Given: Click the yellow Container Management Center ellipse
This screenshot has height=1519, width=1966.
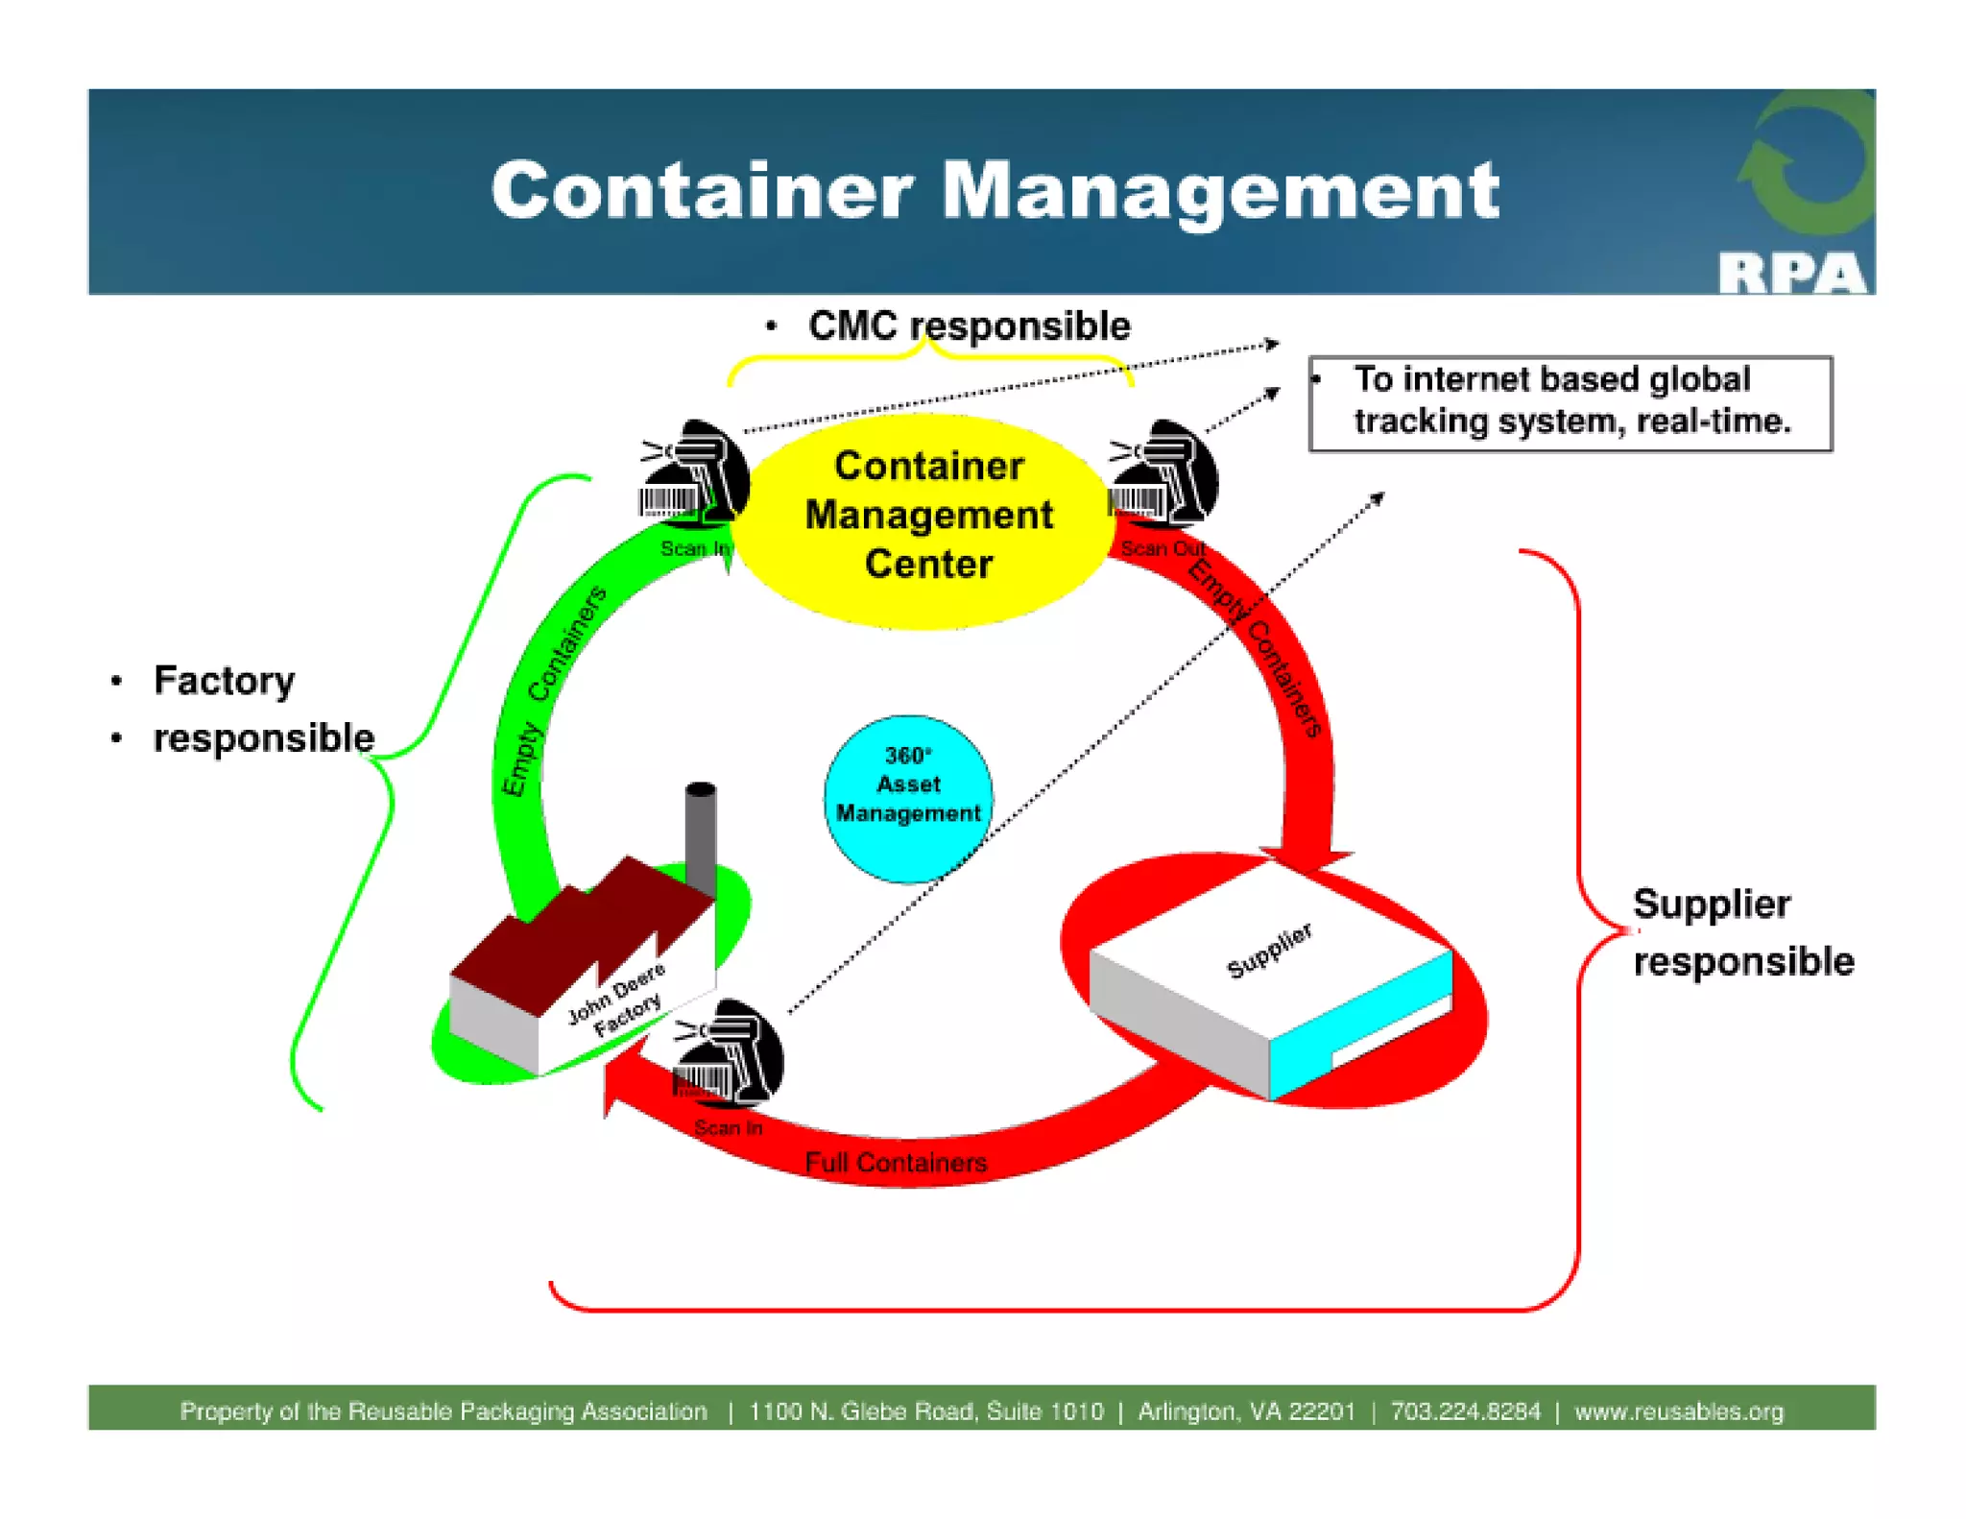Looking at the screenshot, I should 927,518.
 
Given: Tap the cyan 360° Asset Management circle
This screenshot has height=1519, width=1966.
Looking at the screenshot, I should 907,797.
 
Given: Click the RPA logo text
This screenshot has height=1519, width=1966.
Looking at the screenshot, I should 1791,273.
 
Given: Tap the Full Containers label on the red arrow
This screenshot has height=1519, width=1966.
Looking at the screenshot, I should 896,1163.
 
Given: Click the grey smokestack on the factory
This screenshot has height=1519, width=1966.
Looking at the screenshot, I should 701,835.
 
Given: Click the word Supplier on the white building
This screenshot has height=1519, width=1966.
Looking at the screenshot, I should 1269,950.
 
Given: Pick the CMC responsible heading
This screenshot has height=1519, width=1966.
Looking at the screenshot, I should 968,326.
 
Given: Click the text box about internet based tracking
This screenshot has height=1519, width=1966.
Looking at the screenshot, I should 1570,401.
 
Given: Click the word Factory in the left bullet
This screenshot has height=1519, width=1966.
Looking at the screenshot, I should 224,680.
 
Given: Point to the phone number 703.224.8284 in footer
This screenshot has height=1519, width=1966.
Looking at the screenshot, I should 1465,1410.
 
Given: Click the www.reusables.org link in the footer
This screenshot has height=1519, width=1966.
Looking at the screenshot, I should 1679,1410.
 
